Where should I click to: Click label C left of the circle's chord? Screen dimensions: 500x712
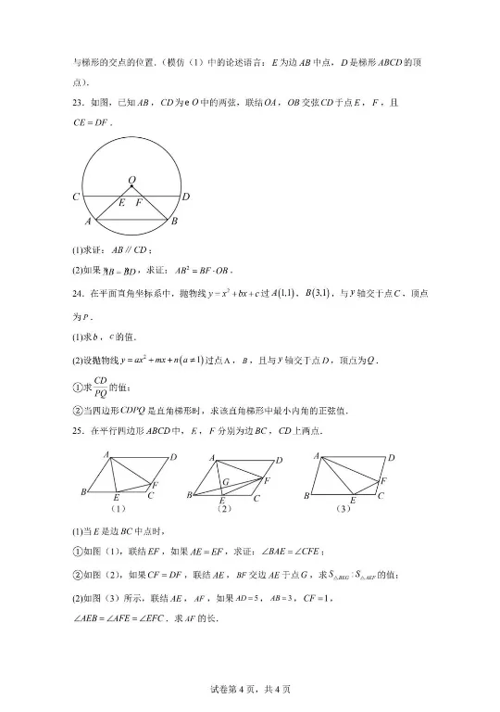pos(75,197)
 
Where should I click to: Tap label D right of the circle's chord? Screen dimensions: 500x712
pos(186,197)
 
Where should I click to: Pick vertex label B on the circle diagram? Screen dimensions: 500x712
pos(174,222)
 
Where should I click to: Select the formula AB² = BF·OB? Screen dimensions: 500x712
pos(204,272)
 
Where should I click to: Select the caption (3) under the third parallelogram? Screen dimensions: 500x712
pos(344,508)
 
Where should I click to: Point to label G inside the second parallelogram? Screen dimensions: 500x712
pos(225,482)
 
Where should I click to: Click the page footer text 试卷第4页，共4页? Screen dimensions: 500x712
pos(250,689)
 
